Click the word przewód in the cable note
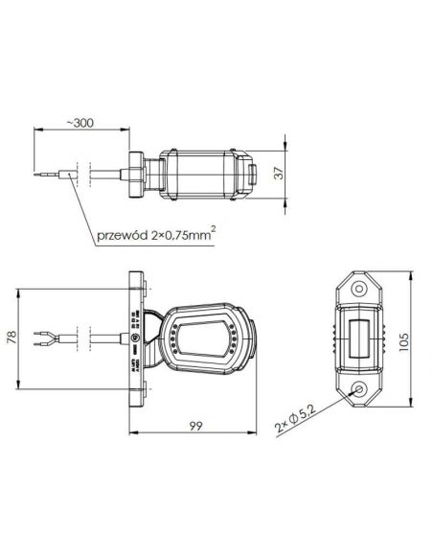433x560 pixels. point(122,237)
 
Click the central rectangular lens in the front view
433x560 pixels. point(360,339)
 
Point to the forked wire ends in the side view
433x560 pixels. point(40,338)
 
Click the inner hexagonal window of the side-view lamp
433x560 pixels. point(204,339)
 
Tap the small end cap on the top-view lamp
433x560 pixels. point(252,175)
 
